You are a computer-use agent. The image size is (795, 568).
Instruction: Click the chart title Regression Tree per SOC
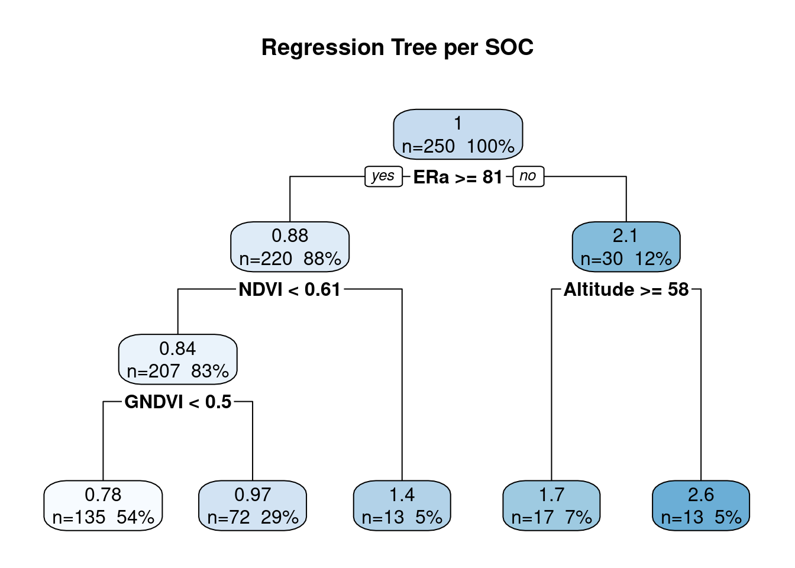coord(397,47)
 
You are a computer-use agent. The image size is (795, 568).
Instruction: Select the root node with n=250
coord(458,134)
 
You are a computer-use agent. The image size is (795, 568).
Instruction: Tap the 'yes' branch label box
coord(384,176)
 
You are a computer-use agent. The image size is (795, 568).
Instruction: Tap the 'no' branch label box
coord(528,176)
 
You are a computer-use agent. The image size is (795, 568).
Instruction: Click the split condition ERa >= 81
coord(458,177)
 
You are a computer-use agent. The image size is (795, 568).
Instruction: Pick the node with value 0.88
coord(290,247)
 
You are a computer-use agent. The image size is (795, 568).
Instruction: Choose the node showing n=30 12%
coord(626,247)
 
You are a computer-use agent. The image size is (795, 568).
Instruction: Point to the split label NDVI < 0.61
coord(290,289)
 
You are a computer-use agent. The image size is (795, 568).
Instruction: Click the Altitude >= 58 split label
coord(626,289)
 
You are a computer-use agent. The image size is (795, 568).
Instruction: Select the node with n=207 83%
coord(177,359)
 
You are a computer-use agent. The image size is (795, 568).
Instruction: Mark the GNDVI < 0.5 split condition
coord(178,402)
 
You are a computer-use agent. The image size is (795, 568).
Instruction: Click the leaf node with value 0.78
coord(103,505)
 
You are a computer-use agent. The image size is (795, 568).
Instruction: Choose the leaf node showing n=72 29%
coord(253,505)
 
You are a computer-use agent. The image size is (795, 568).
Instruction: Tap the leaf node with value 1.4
coord(402,505)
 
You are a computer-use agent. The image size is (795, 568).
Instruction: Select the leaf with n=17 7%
coord(551,505)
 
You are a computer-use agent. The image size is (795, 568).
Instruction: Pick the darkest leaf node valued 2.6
coord(701,505)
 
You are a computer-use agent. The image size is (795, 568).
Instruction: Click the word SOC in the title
coord(509,47)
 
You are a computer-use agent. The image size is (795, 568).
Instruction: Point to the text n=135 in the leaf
coord(79,517)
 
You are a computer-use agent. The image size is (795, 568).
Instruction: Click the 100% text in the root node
coord(490,146)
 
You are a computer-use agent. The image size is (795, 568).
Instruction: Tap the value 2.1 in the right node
coord(625,235)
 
